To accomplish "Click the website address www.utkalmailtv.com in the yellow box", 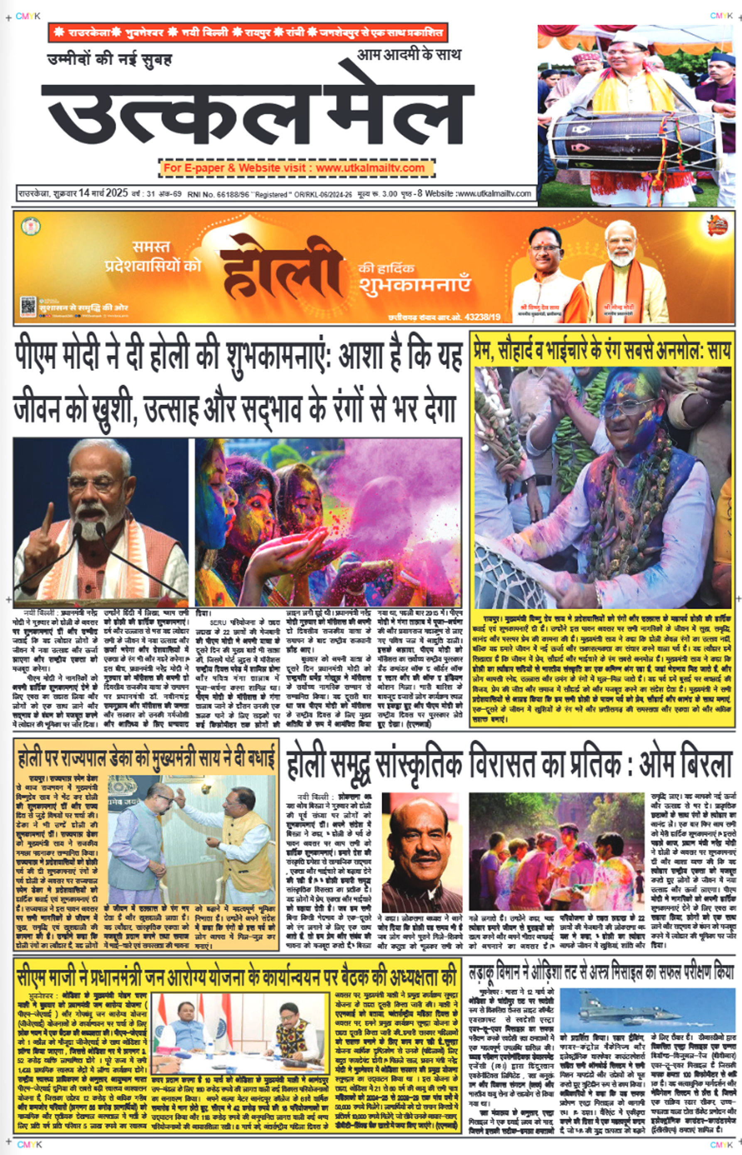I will (370, 168).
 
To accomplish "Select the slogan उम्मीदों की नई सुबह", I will (109, 60).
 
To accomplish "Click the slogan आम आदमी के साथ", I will (408, 54).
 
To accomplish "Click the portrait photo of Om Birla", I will (421, 852).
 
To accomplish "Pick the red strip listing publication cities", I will (248, 33).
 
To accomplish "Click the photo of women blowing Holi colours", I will (328, 522).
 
